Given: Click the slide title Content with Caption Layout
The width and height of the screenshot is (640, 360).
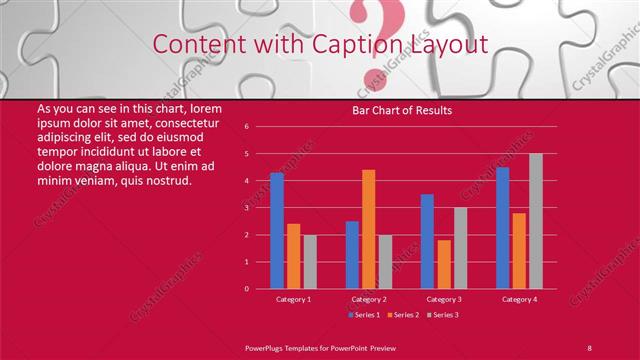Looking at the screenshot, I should [x=320, y=45].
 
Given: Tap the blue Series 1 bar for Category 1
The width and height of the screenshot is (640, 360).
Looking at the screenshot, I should [x=276, y=231].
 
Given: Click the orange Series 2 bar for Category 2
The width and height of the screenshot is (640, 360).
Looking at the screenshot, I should [x=368, y=229].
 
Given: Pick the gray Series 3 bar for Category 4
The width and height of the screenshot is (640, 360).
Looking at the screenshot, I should [x=536, y=221].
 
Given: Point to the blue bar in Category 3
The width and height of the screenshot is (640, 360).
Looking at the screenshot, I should [x=427, y=241].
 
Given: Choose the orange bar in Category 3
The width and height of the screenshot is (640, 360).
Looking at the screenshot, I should [x=444, y=264].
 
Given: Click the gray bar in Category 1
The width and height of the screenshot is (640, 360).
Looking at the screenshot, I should [x=310, y=261].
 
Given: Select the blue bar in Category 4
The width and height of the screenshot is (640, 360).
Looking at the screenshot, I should [x=502, y=228].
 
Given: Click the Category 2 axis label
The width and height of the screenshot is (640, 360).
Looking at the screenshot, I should [x=368, y=299].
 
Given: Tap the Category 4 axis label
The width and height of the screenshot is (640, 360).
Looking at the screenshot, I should [x=519, y=299].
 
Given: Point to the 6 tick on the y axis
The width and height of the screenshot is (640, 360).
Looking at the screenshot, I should [x=246, y=127].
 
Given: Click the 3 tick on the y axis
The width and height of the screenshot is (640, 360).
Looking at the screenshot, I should [x=246, y=208].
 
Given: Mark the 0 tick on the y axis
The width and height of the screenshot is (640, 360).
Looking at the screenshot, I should [x=246, y=289].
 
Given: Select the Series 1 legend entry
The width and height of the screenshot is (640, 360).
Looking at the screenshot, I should [x=364, y=315].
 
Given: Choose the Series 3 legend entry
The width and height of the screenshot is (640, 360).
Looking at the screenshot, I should [x=444, y=315].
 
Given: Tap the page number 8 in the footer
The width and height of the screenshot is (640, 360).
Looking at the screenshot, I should [x=590, y=347].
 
